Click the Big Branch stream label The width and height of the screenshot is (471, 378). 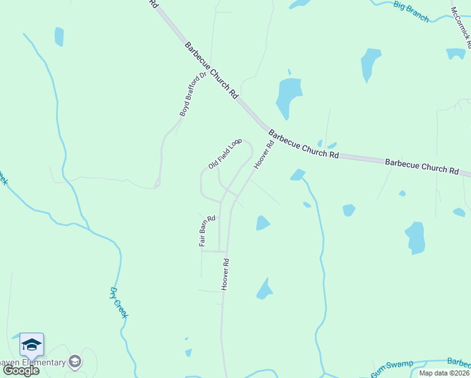pos(411,12)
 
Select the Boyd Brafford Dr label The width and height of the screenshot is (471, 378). pos(193,94)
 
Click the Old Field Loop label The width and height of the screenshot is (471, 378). pos(225,154)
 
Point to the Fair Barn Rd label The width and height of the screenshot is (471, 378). pos(207,231)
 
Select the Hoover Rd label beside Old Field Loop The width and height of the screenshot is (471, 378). pos(264,154)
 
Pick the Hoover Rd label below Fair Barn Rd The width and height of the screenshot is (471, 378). pos(224,274)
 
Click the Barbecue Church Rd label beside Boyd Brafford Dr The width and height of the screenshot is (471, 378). pos(212,71)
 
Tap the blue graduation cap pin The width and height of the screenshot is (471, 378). pos(31,345)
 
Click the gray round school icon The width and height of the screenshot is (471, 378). pos(75,362)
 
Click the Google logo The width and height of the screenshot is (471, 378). pos(21,370)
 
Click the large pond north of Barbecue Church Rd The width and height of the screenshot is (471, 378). pos(288,98)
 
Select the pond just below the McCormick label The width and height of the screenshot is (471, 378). pos(455,54)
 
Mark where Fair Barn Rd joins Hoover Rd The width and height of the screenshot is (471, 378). pos(225,251)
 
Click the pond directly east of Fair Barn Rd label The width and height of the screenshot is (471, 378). pos(263,223)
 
